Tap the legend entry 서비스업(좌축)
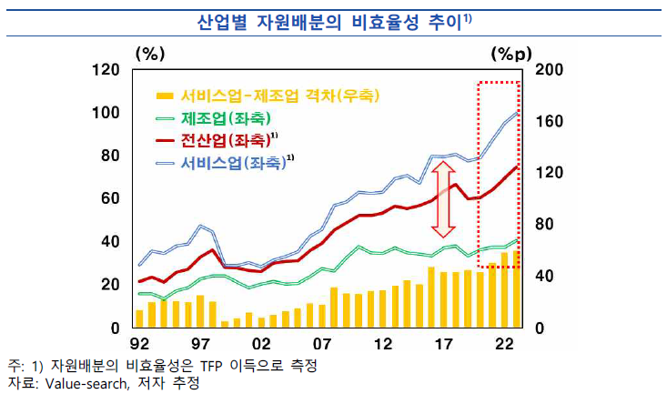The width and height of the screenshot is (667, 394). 232,164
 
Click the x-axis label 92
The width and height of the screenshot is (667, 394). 138,346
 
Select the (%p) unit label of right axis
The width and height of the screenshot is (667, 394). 510,54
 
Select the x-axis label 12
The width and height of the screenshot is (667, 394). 383,346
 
